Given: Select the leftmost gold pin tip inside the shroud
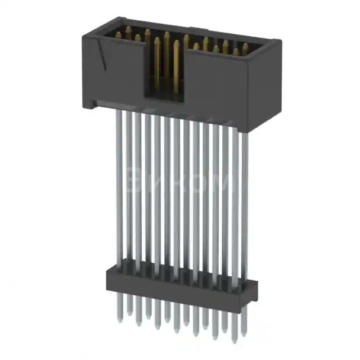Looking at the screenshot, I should [x=119, y=34].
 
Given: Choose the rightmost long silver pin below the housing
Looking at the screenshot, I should [x=244, y=202].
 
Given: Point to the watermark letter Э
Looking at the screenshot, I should [x=136, y=183].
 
